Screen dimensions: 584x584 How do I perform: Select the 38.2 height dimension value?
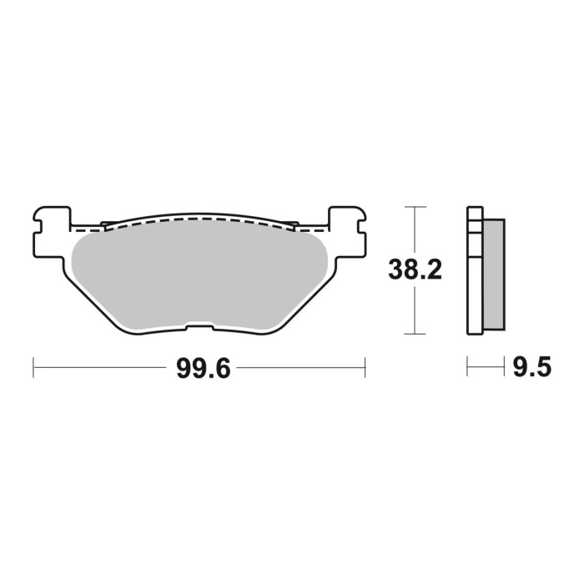(415, 270)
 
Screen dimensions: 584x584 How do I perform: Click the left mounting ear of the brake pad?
(50, 224)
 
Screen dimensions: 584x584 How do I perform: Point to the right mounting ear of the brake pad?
(348, 224)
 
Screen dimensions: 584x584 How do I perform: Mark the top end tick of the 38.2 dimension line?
(415, 206)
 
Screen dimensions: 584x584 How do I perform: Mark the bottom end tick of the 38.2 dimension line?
(415, 335)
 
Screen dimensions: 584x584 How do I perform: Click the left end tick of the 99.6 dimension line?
(33, 366)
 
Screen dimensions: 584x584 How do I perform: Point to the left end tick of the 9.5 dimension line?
(468, 366)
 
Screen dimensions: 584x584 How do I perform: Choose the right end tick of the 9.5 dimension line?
(506, 366)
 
